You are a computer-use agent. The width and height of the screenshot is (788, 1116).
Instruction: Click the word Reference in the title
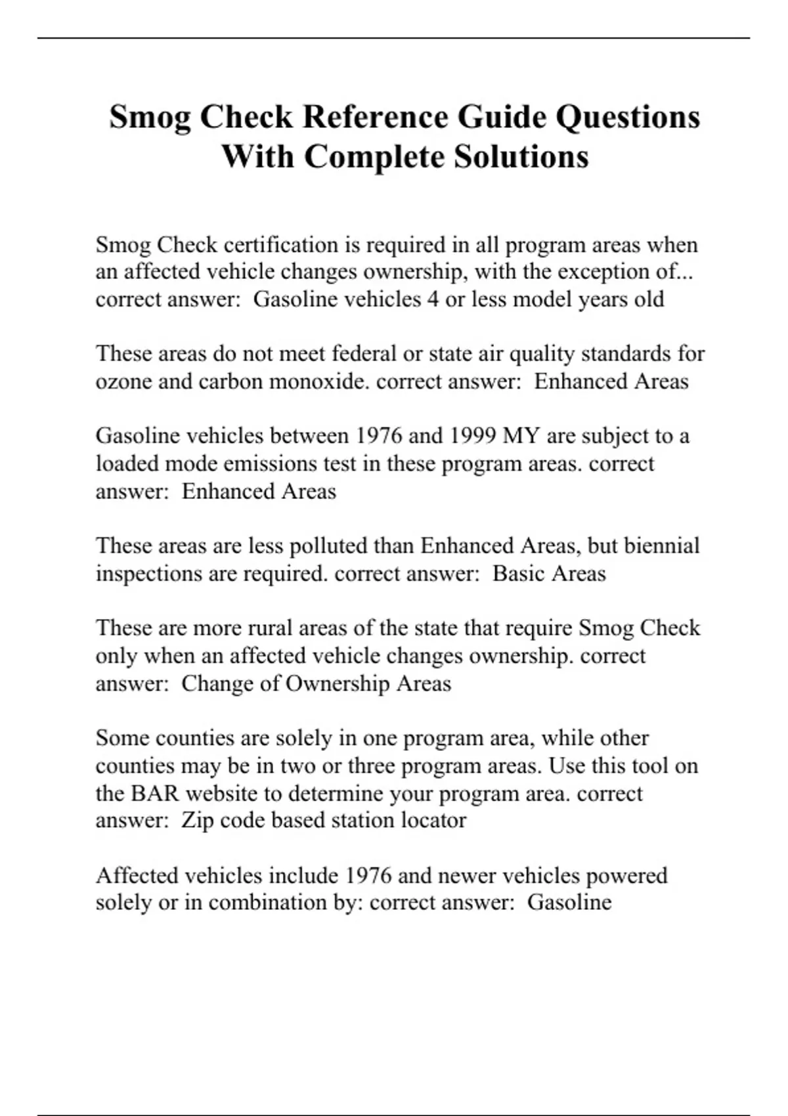point(374,118)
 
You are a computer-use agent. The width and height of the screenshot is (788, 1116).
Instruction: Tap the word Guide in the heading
point(501,118)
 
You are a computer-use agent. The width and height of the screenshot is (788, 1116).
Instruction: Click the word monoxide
point(318,381)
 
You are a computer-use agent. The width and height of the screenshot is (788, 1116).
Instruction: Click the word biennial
point(661,546)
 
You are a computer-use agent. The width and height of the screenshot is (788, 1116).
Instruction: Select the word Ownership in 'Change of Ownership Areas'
point(338,683)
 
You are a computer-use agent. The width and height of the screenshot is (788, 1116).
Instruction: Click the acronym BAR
point(155,793)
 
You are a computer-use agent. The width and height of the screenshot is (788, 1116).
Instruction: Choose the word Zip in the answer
point(197,821)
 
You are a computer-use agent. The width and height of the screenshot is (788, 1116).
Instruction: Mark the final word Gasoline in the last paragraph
point(569,903)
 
